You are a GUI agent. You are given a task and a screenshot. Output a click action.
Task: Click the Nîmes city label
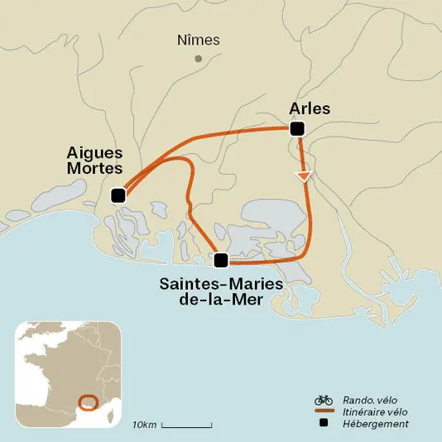(x=197, y=40)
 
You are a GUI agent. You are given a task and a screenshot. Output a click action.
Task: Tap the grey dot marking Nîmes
(x=198, y=59)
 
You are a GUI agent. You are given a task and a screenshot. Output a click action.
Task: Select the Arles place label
(x=310, y=108)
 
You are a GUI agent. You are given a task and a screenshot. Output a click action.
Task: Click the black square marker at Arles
(x=297, y=128)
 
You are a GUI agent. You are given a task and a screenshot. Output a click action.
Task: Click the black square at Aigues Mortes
(x=118, y=195)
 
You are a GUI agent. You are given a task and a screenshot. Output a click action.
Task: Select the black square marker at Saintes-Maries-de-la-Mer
(x=220, y=260)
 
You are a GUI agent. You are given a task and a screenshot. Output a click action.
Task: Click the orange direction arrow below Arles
(x=305, y=175)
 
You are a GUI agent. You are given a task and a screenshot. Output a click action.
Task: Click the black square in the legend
(x=324, y=424)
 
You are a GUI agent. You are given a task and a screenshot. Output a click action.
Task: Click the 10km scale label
(x=144, y=425)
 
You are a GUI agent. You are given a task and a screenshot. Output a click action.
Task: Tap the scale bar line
(x=186, y=425)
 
